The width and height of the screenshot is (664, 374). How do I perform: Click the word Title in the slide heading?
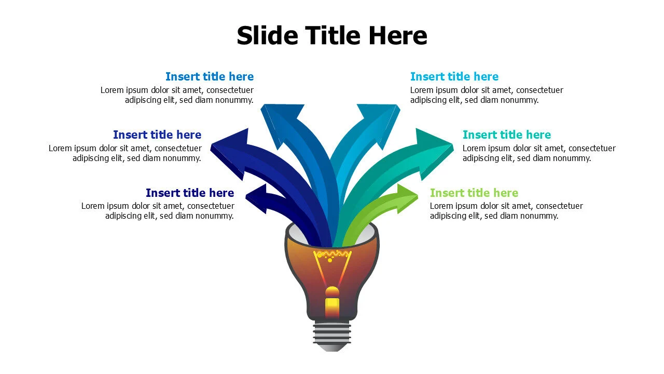click(x=334, y=35)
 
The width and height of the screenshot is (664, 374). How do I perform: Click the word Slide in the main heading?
click(x=267, y=35)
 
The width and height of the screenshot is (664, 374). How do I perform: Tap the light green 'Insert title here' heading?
click(x=474, y=193)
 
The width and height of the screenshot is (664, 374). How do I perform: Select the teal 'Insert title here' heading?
click(x=507, y=135)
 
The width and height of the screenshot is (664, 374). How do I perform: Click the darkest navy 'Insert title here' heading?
click(x=190, y=193)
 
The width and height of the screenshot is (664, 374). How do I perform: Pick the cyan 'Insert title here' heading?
click(x=454, y=76)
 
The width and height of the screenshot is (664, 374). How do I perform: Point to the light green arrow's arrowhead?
click(x=407, y=198)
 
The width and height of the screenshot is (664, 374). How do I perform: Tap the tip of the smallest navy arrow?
click(x=246, y=196)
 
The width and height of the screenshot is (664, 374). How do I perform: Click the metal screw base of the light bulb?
click(x=332, y=337)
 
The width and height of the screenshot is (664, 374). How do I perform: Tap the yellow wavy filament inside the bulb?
click(x=333, y=254)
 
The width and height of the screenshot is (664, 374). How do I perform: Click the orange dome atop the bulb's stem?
click(x=332, y=292)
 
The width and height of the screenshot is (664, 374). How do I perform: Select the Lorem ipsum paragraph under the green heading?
click(x=506, y=211)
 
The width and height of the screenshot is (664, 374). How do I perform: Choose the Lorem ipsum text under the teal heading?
click(x=539, y=153)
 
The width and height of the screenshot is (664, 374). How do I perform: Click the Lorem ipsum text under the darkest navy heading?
click(x=158, y=211)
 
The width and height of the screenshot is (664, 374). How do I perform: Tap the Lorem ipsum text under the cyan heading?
click(x=487, y=95)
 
